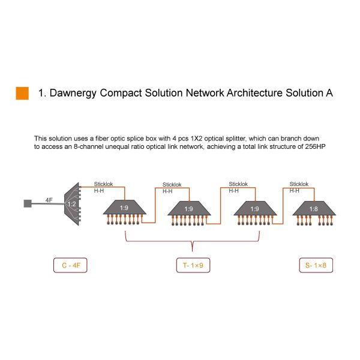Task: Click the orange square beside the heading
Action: pos(22,93)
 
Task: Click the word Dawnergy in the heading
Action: pos(73,93)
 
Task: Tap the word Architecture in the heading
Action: pos(254,93)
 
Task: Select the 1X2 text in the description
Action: pos(196,139)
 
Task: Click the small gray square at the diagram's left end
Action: pos(28,203)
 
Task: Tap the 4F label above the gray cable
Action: pos(49,200)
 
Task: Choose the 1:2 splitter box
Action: pos(72,204)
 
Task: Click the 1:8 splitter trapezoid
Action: pos(314,208)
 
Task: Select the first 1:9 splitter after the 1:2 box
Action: pos(124,208)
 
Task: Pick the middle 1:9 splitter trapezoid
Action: pos(189,208)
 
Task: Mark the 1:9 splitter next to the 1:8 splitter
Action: pos(255,208)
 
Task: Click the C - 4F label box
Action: pos(70,265)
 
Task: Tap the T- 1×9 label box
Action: pos(193,265)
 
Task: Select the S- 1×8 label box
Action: pos(316,265)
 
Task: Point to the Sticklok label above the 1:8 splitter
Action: pos(299,184)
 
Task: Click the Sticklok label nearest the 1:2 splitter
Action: pos(103,184)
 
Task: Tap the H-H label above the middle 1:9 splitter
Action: pos(167,191)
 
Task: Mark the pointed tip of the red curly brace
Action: pos(193,251)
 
